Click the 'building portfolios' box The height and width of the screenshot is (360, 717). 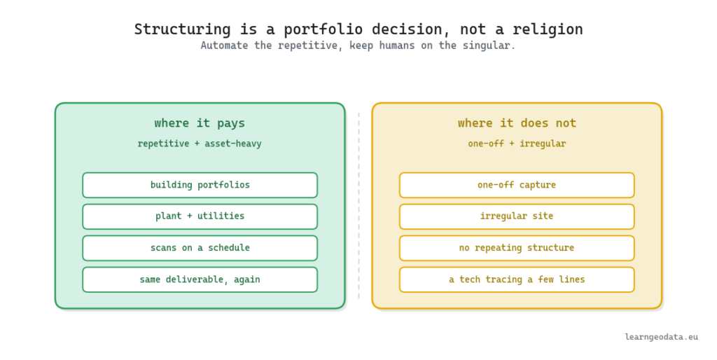click(200, 186)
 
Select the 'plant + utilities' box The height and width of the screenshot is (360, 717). click(200, 216)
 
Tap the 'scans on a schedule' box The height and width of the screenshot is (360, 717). click(200, 248)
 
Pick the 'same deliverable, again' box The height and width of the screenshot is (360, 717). click(200, 279)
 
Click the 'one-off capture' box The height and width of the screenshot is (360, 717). click(517, 186)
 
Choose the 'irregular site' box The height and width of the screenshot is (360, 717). click(517, 216)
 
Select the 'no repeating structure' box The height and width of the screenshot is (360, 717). click(517, 248)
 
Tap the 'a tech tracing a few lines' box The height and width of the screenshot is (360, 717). click(517, 279)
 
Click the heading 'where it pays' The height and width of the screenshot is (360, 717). click(200, 123)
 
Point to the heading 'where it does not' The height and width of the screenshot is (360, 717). click(517, 123)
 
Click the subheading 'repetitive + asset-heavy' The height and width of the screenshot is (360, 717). click(200, 144)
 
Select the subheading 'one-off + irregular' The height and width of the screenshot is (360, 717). click(517, 144)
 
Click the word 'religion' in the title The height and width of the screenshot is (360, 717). click(548, 29)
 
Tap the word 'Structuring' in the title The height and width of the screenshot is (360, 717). click(183, 29)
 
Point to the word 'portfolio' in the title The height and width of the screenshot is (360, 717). click(323, 29)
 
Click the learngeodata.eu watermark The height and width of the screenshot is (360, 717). click(661, 337)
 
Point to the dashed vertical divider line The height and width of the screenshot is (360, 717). click(359, 206)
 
